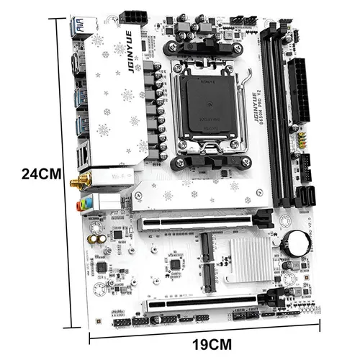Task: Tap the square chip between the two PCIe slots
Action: pyautogui.click(x=174, y=264)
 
